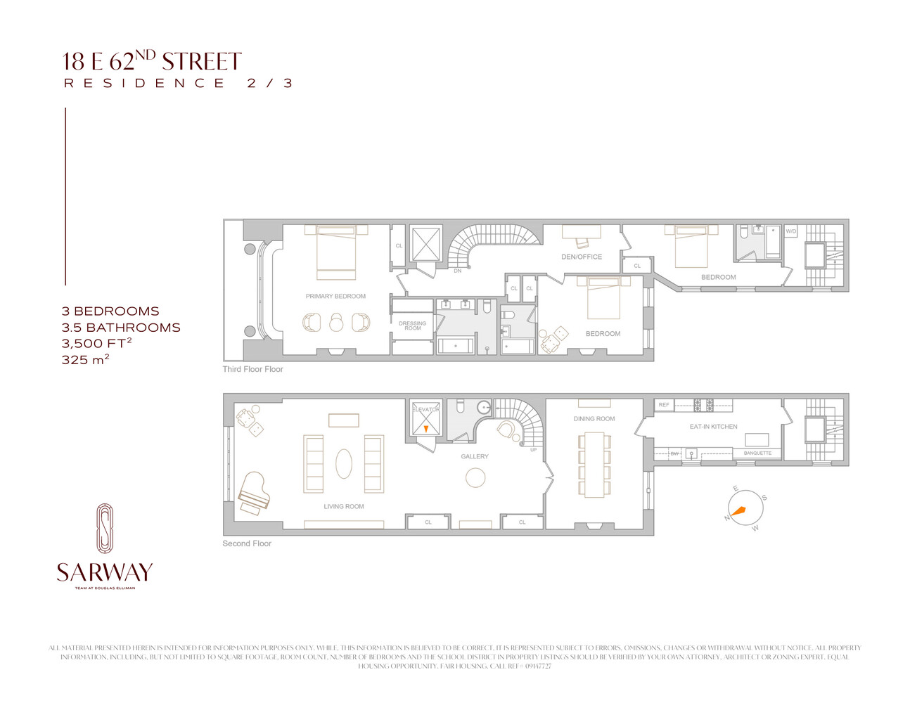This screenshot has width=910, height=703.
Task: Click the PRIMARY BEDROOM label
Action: [335, 296]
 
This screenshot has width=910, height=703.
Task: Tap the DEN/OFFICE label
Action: [582, 257]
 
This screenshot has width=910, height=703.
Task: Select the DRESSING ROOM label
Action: [412, 325]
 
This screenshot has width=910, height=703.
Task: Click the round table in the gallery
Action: [475, 477]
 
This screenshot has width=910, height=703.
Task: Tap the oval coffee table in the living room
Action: [343, 464]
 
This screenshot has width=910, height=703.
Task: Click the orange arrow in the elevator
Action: [425, 428]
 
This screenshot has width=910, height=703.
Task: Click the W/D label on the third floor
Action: [790, 231]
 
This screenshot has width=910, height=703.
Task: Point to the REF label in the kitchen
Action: [664, 405]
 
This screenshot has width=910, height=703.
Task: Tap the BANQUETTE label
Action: [757, 453]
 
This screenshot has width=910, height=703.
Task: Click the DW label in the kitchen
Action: [674, 453]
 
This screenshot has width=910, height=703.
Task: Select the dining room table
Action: [594, 464]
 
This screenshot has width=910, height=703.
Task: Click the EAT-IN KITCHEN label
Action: [713, 427]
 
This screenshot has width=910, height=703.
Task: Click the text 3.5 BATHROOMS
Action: [121, 328]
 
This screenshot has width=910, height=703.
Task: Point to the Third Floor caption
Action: [252, 369]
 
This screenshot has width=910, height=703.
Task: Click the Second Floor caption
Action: [247, 543]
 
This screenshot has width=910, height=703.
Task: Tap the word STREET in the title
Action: [202, 62]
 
